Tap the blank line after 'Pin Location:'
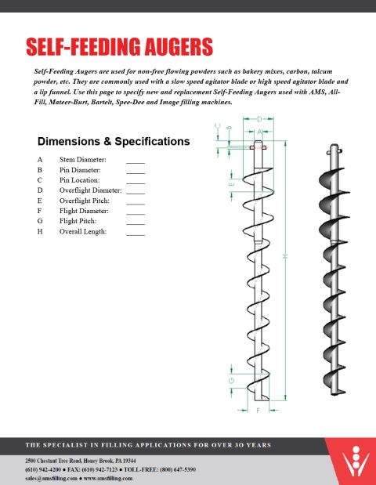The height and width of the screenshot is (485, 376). (x=136, y=180)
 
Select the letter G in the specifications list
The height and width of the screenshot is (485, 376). (x=39, y=222)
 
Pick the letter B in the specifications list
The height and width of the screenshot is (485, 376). (x=39, y=169)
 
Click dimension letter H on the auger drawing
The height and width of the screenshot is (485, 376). (x=285, y=257)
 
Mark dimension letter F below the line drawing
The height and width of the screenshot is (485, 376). (x=258, y=410)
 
